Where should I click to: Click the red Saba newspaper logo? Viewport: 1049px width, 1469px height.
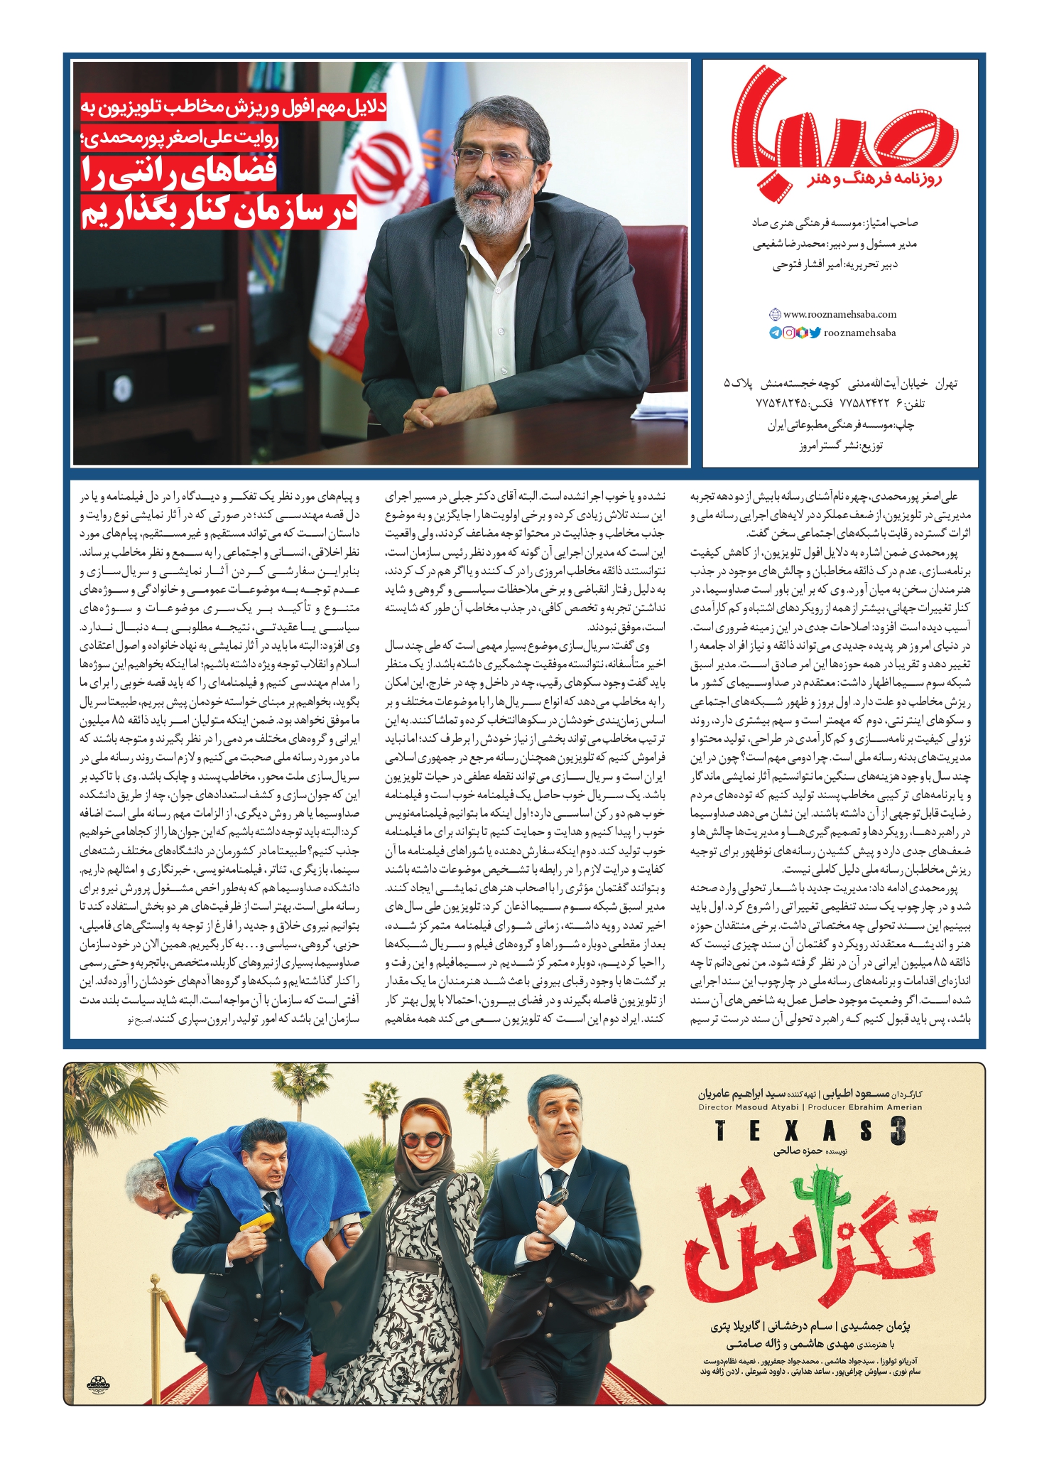(841, 128)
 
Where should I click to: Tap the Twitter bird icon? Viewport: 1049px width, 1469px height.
(815, 333)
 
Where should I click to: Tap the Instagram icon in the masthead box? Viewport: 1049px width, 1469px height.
(789, 333)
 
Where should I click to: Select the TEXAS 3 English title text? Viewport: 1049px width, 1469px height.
(810, 1131)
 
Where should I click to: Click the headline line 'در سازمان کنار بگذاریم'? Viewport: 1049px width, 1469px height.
(219, 211)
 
